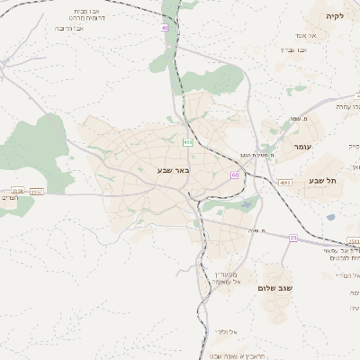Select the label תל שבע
tap(322, 181)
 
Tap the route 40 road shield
tap(166, 28)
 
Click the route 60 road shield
tap(234, 175)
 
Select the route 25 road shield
tap(292, 237)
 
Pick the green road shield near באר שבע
tap(187, 142)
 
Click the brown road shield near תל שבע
tap(285, 182)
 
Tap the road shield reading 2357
tap(37, 191)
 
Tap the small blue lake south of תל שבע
tap(330, 217)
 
